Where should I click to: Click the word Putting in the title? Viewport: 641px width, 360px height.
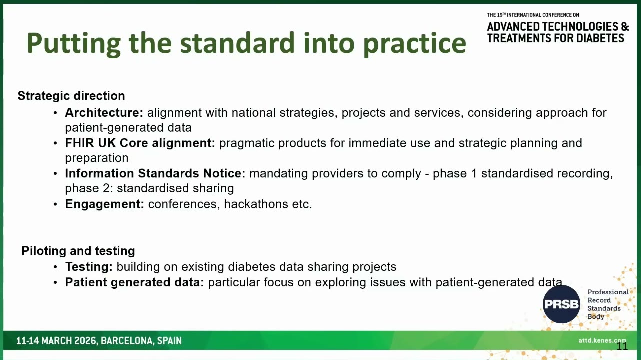pos(74,44)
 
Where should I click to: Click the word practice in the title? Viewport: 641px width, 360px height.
pos(415,44)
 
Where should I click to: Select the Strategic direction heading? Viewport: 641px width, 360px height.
pos(71,96)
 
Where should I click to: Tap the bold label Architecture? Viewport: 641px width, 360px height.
pos(104,113)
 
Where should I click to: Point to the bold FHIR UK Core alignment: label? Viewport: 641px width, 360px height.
pos(140,143)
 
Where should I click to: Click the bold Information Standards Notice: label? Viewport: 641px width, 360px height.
pos(155,173)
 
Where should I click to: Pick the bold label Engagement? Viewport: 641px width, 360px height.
pos(104,204)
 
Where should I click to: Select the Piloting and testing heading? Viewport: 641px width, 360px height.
pos(78,251)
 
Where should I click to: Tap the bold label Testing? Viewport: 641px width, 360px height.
pos(89,267)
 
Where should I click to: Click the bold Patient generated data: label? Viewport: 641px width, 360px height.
pos(135,282)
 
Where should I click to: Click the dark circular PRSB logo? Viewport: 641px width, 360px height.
pos(561,304)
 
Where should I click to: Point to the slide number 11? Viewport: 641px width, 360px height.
pos(622,346)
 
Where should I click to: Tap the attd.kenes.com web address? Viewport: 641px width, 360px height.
pos(602,340)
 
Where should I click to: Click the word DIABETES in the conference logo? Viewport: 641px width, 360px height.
pos(600,38)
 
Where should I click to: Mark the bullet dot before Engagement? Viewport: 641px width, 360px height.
pos(55,204)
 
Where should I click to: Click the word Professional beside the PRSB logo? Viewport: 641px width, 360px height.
pos(608,292)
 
